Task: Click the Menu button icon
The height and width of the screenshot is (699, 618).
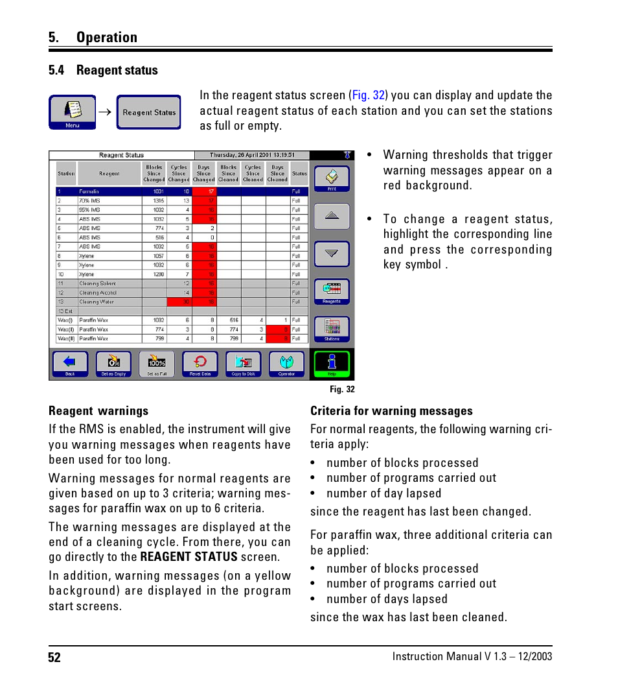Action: tap(73, 112)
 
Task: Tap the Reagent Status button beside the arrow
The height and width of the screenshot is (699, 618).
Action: tap(149, 112)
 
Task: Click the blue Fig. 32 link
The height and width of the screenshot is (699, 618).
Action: tap(369, 95)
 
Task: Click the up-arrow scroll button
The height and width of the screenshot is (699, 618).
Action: tap(332, 217)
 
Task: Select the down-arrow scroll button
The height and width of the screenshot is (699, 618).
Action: tap(332, 254)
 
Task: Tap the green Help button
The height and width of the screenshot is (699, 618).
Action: tap(332, 364)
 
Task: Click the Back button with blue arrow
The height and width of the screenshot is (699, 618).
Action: tap(70, 364)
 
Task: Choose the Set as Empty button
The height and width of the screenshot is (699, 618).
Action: tap(113, 364)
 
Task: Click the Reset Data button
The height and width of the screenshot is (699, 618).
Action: tap(200, 364)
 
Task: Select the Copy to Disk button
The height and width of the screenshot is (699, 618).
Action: tap(244, 364)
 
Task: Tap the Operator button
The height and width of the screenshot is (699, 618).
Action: tap(286, 364)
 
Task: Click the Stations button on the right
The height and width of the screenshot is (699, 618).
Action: tap(332, 329)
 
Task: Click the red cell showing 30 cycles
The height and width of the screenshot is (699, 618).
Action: tap(179, 302)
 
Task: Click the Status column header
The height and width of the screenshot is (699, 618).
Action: tap(299, 174)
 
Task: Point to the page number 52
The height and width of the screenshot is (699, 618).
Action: tap(54, 658)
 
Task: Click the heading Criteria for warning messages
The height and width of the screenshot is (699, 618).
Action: tap(391, 411)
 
